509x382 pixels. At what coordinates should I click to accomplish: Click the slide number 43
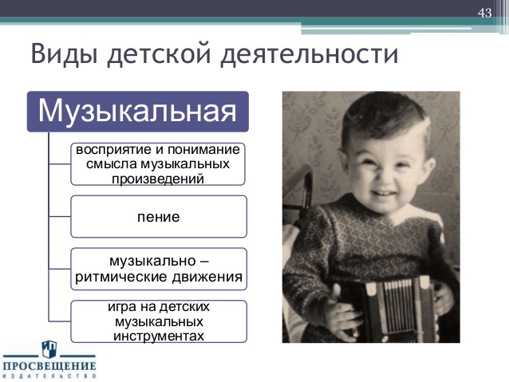click(484, 13)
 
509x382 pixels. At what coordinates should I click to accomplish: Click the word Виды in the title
click(64, 54)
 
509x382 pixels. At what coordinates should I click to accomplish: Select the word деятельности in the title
click(309, 54)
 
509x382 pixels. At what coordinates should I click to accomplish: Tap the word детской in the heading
click(159, 54)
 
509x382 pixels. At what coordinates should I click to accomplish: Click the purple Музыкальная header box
click(138, 112)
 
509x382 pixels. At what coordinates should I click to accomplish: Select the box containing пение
click(159, 216)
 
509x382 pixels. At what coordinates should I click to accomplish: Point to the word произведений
click(158, 179)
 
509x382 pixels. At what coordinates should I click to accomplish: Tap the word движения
click(207, 277)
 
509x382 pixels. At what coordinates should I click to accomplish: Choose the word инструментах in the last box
click(159, 337)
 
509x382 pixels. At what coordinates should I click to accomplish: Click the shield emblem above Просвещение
click(49, 349)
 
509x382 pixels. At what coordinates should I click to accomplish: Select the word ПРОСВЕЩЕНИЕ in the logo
click(49, 366)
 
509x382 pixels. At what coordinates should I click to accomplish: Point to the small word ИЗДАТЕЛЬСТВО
click(49, 376)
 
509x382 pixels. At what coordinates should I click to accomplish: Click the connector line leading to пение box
click(60, 216)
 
